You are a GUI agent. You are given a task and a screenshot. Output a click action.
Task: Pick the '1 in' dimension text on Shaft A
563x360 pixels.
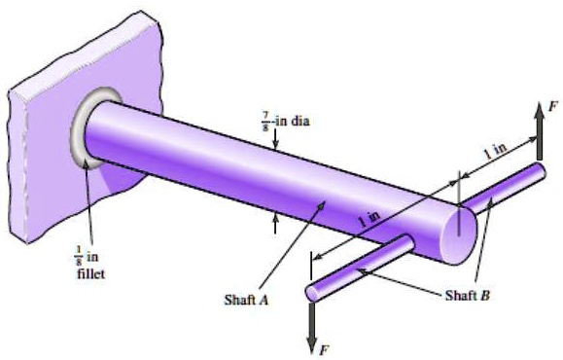[369, 221]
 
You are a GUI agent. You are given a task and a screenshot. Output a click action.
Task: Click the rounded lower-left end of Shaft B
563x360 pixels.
[313, 291]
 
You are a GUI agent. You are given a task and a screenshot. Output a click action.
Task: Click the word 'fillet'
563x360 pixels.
[87, 274]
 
